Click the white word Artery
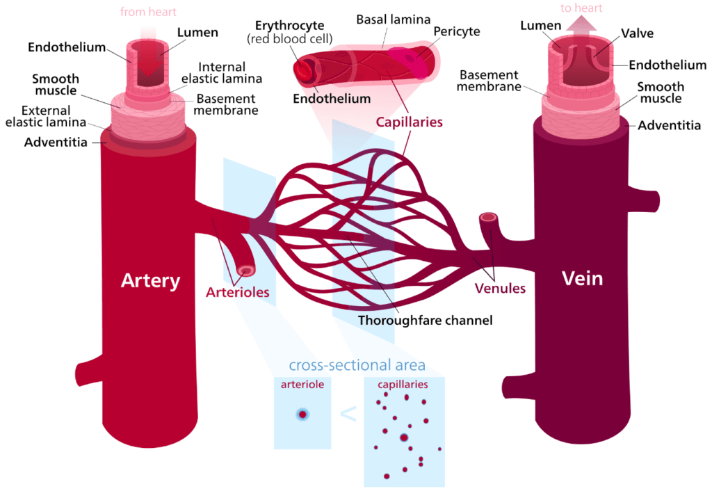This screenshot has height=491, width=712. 150,280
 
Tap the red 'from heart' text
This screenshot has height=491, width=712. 148,12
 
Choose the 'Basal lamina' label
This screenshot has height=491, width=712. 393,19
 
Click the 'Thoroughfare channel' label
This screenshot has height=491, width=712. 425,321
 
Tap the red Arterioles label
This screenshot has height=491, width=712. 237,292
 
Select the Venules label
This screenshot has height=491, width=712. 500,287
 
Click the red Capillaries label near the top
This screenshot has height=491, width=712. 410,122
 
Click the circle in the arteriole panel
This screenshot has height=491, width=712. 302,414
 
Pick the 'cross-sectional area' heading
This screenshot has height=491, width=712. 357,366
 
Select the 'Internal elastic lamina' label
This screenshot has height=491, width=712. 222,73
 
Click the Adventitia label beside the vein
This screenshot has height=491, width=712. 668,126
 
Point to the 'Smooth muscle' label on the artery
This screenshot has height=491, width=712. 56,85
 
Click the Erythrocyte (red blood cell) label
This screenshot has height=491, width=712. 291,31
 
